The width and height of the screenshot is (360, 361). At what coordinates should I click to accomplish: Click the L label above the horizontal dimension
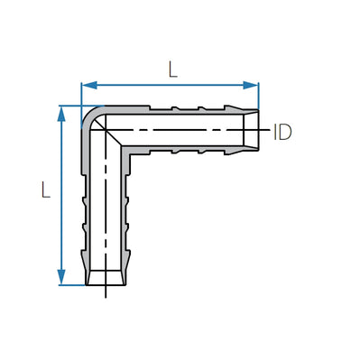point(171,68)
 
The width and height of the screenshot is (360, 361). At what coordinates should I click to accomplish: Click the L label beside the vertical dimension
point(44,190)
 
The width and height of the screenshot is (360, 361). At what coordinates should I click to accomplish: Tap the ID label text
point(282,132)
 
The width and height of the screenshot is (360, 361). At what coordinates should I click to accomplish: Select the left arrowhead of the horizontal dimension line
point(87,86)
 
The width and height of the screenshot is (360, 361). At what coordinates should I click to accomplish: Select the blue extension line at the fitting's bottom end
point(72,286)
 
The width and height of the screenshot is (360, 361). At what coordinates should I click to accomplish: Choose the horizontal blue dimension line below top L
point(171,86)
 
